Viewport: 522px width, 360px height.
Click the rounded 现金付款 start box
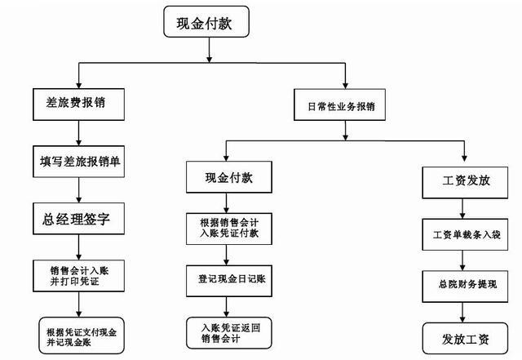click(206, 22)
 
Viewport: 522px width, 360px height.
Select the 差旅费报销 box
click(78, 104)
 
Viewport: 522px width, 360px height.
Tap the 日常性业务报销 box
click(339, 104)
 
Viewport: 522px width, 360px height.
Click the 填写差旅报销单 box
click(78, 162)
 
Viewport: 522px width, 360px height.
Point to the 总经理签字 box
click(78, 219)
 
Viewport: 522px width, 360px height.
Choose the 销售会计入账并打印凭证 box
click(78, 276)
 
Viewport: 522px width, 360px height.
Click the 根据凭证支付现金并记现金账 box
click(82, 336)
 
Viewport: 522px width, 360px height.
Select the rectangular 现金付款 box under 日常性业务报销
click(229, 177)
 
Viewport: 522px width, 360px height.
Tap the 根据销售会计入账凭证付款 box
click(229, 229)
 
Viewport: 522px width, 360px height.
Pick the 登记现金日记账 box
click(229, 281)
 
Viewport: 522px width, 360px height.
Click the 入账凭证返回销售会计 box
click(229, 333)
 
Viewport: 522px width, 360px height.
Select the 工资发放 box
click(465, 183)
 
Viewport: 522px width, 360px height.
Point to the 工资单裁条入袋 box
click(465, 234)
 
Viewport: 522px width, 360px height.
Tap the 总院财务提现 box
click(465, 287)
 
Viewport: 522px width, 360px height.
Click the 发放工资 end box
click(465, 338)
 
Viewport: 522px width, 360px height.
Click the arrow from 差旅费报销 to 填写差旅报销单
click(78, 133)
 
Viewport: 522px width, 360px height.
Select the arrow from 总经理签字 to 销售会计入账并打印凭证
click(78, 247)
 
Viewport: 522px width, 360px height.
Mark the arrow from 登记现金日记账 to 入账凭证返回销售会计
click(227, 307)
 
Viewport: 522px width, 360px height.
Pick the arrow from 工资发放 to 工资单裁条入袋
click(462, 209)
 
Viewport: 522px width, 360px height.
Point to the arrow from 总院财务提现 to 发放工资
click(462, 313)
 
